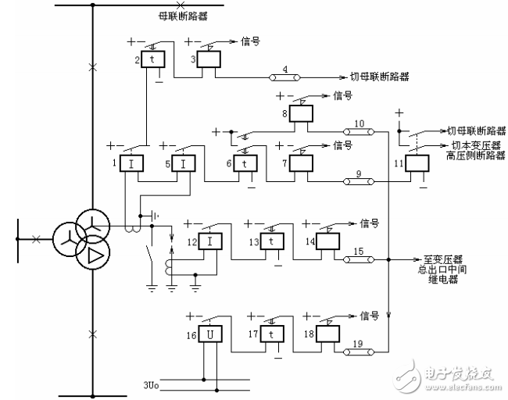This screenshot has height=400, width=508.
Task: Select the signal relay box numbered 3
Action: [209, 60]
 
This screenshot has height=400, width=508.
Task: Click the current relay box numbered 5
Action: [184, 163]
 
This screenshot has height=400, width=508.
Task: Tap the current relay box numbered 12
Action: [210, 241]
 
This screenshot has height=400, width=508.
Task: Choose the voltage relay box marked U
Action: [209, 335]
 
